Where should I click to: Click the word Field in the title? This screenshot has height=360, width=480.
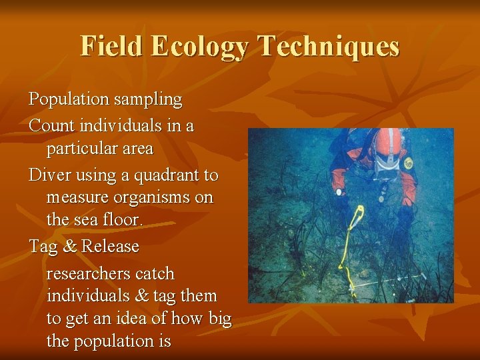point(112,47)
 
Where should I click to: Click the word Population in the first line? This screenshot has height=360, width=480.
point(68,100)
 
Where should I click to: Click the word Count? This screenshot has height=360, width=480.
point(51,125)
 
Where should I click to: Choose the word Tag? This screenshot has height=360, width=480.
point(42,247)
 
